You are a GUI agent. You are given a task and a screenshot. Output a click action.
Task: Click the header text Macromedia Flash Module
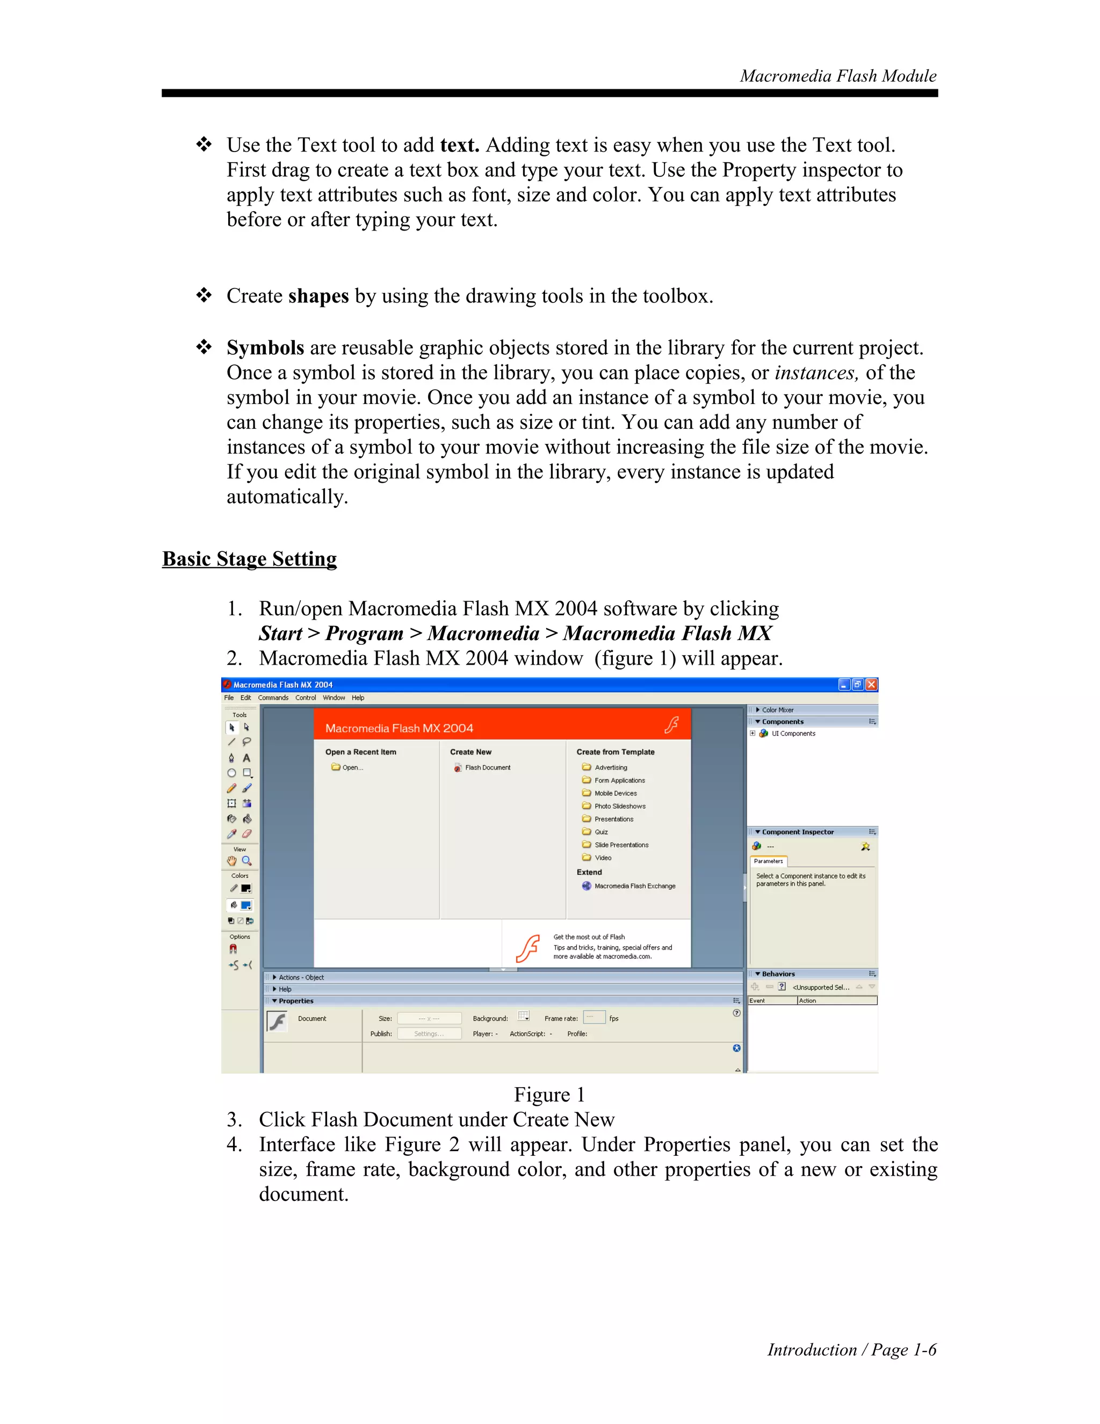point(837,76)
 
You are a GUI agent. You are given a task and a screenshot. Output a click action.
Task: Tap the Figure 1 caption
point(549,1094)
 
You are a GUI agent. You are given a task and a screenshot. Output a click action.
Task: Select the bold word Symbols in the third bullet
point(265,348)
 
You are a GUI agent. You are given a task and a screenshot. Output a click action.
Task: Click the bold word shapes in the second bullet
point(318,296)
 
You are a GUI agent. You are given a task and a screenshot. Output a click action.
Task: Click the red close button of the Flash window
point(871,684)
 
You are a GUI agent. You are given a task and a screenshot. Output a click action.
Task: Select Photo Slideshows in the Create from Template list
point(619,806)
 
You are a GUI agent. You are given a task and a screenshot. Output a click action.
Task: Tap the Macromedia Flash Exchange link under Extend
point(634,886)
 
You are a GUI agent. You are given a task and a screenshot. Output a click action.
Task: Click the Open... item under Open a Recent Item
point(352,767)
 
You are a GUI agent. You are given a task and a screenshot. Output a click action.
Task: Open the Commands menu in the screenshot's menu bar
point(272,697)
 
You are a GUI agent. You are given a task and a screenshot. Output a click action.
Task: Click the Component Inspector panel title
point(797,832)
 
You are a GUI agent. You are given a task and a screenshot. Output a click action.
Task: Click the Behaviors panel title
point(778,974)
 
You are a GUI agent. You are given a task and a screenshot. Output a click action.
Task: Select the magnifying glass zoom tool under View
point(247,861)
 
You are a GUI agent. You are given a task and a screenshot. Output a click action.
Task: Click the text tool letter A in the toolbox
point(247,758)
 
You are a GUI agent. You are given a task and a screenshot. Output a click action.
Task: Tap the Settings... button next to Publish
point(429,1033)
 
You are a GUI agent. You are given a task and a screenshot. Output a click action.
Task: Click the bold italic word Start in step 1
point(280,633)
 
